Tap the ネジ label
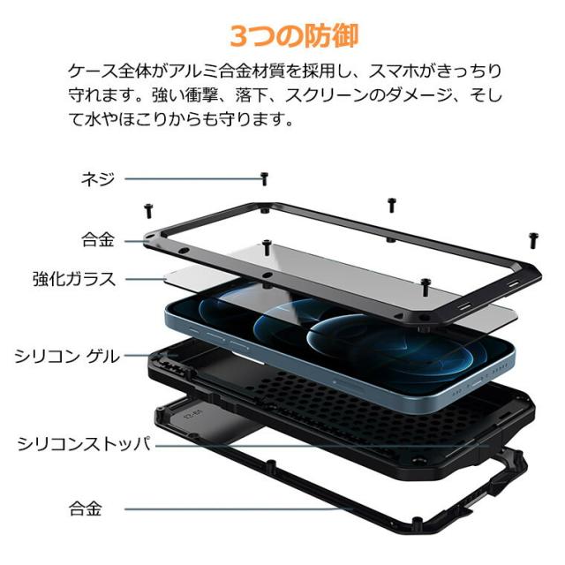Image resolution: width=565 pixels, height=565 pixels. pos(97,177)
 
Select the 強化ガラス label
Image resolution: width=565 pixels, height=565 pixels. pos(74,279)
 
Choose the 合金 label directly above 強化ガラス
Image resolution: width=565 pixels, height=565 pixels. pos(97,239)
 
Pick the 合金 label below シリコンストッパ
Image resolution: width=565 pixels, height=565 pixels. pos(86,508)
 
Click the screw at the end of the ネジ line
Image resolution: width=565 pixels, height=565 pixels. pos(264,178)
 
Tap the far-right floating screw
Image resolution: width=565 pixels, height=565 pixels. pos(532,239)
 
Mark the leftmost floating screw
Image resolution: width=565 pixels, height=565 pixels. pos(148,210)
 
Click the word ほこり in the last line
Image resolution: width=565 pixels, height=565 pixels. pos(145,117)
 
